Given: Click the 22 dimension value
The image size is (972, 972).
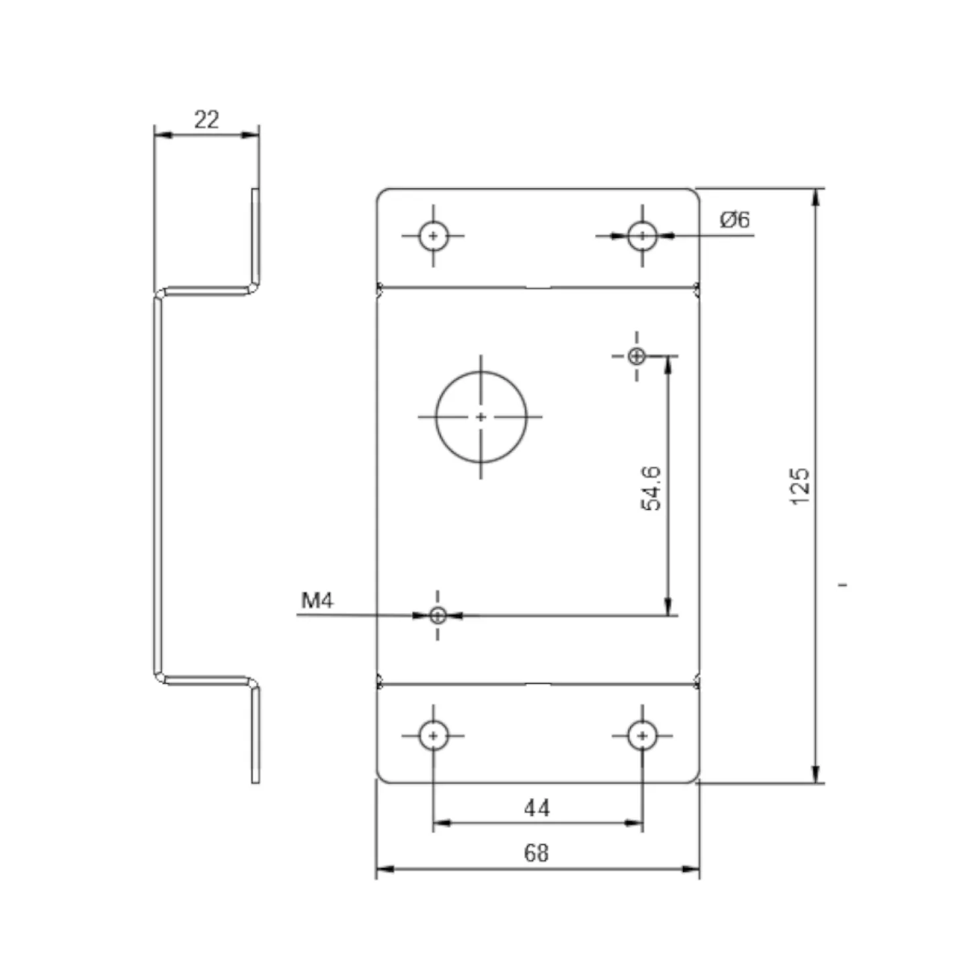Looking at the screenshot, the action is click(x=206, y=120).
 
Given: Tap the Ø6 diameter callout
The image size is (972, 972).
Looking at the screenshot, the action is click(x=735, y=220).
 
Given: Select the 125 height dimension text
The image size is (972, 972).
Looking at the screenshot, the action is click(x=799, y=486).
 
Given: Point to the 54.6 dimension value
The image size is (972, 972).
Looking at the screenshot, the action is click(x=651, y=488).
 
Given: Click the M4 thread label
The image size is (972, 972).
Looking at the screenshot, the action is click(x=317, y=600).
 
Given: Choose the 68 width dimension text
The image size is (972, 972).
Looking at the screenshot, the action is click(x=536, y=853).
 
